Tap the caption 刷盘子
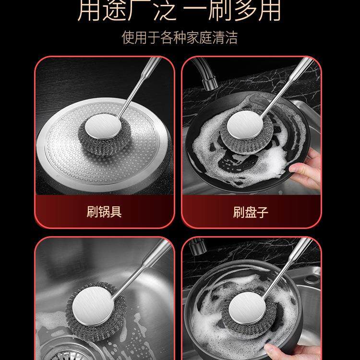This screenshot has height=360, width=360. [251, 212]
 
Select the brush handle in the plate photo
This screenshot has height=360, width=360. [283, 86]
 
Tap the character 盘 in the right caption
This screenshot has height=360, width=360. [251, 212]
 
